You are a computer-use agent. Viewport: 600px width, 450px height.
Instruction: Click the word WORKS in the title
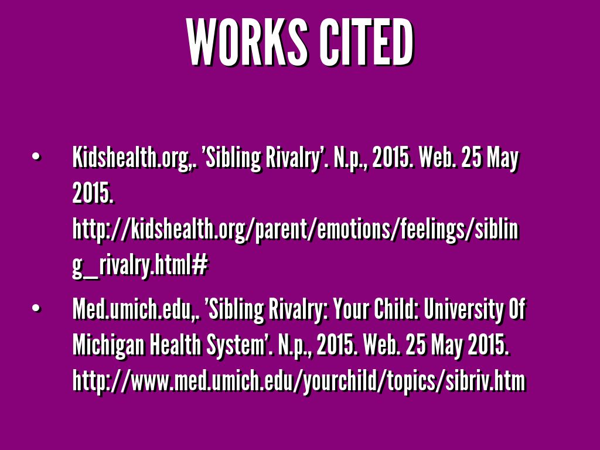point(247,42)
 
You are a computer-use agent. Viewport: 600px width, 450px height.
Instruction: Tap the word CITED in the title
point(366,42)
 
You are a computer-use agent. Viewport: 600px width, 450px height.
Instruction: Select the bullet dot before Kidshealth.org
point(36,157)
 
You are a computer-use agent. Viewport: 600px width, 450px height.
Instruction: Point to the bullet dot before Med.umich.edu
point(36,308)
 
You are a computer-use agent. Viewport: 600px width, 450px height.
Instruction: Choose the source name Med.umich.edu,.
point(136,309)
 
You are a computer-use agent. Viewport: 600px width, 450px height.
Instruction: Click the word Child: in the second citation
point(396,309)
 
